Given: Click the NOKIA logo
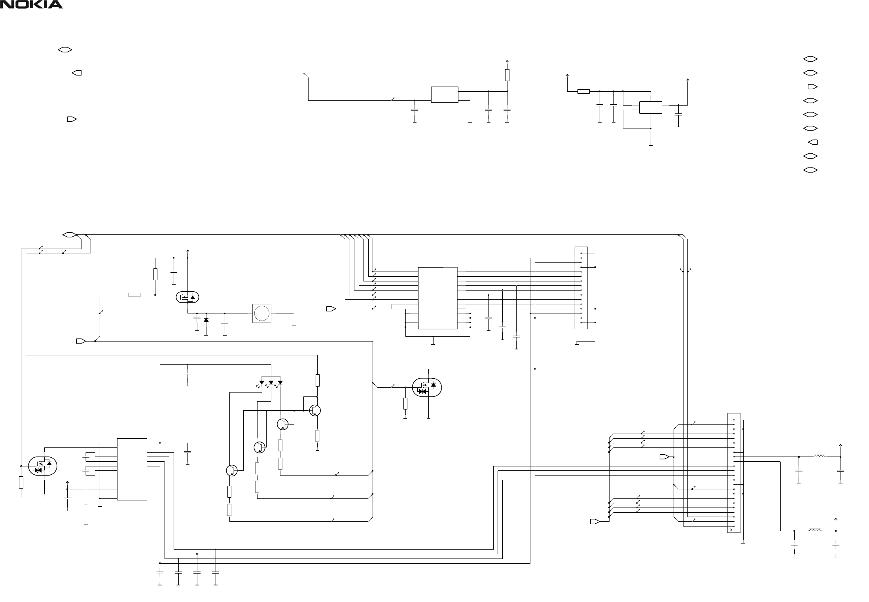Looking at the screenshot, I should point(31,5).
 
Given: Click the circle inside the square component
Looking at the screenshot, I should point(261,313).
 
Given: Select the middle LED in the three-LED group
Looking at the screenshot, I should point(271,383).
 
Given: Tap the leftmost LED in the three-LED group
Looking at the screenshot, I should point(261,383).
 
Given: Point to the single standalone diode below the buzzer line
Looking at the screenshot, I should point(206,320).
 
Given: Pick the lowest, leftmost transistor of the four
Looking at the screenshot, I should point(232,470).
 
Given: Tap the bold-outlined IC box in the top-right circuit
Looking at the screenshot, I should point(651,108).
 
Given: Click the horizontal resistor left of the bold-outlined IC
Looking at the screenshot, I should point(583,92).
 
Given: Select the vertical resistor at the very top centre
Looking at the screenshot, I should point(507,75).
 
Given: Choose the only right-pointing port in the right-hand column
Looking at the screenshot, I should point(812,87).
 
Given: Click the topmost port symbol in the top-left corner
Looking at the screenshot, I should point(65,50).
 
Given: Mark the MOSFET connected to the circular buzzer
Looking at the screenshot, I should point(187,297).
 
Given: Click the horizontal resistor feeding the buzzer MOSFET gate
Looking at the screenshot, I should point(134,295).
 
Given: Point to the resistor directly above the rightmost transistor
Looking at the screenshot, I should point(317,380).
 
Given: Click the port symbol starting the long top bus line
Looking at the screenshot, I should point(69,235).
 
